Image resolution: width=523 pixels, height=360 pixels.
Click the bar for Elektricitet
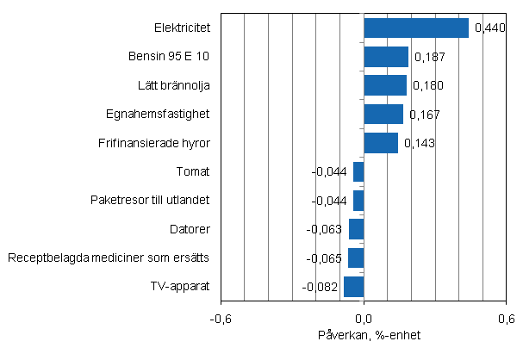[416, 28]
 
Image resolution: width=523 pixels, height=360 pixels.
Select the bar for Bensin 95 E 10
[386, 57]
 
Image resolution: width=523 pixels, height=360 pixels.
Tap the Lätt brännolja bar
[385, 85]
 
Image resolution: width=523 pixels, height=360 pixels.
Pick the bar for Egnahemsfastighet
[383, 114]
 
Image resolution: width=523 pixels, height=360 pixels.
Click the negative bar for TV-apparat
[354, 287]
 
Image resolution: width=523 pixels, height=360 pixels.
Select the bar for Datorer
[357, 229]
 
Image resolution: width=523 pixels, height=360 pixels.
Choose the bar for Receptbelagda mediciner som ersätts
[356, 258]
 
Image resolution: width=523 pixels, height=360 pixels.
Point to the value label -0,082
[321, 287]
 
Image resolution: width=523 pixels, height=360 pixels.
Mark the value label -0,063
[325, 230]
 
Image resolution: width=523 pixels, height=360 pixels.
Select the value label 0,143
[420, 144]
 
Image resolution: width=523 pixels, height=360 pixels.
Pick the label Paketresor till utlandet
[151, 201]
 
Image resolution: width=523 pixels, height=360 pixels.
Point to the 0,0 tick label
[364, 317]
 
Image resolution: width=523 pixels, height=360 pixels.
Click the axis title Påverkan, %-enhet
[364, 334]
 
